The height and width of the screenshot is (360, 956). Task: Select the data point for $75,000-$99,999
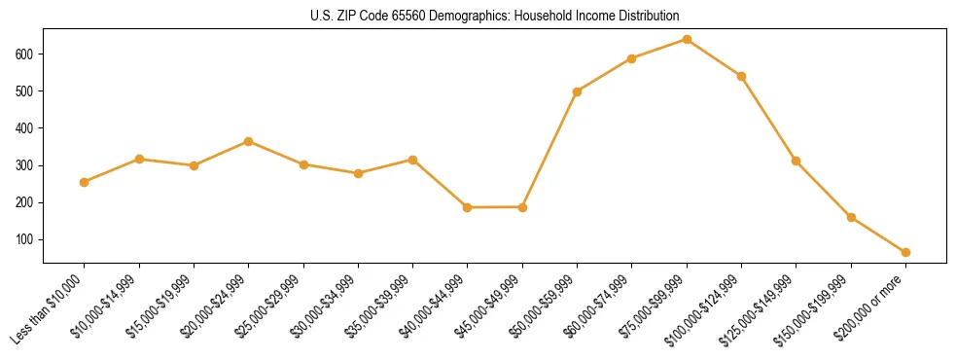[687, 40]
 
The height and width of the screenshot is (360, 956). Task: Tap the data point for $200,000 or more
[905, 252]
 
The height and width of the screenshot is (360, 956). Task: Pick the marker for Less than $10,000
[85, 182]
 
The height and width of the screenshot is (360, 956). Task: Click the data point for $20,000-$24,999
[249, 141]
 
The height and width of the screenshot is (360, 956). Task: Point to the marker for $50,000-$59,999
[578, 91]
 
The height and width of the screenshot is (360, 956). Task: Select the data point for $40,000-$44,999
[468, 207]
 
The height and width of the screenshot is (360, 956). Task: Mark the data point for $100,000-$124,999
[741, 76]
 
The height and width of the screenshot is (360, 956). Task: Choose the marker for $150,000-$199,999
[851, 217]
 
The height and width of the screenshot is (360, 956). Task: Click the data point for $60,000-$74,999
[632, 58]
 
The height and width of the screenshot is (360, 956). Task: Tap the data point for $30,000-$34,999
[358, 173]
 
